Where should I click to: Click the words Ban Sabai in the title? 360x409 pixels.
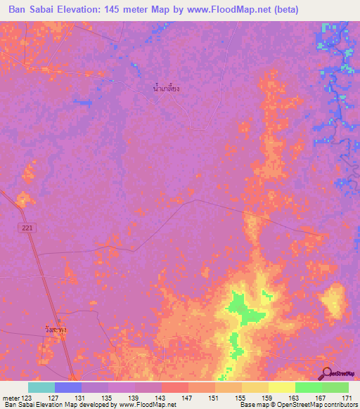[32, 10]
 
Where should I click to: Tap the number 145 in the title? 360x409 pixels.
[114, 10]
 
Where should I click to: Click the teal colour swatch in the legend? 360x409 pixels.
[41, 387]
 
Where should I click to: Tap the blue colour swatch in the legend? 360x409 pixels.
[68, 387]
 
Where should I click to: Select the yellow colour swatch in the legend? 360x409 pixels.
[282, 387]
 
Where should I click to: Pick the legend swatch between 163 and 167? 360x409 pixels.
[309, 387]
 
